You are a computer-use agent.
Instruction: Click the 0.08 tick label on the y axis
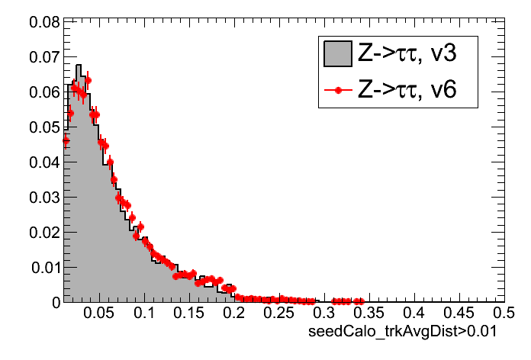tap(45, 22)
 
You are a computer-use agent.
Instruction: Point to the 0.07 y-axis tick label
tap(45, 57)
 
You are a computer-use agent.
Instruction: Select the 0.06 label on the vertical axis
tap(45, 92)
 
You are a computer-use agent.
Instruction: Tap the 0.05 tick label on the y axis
tap(45, 127)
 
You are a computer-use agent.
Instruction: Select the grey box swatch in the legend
tap(337, 54)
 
